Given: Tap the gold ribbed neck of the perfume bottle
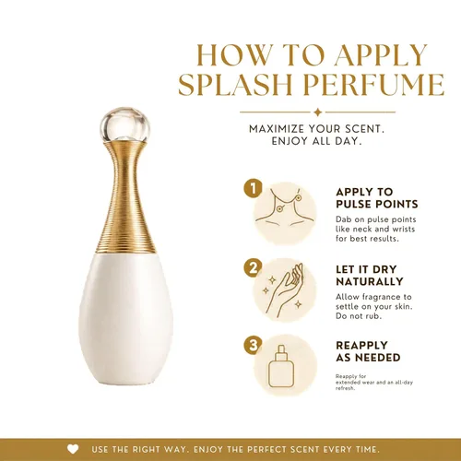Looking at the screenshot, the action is [x=125, y=196].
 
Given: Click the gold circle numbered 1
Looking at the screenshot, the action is [x=254, y=188].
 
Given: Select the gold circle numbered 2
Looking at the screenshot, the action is [x=254, y=267].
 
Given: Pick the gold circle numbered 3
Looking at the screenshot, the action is [x=254, y=345].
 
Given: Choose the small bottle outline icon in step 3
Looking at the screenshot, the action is [x=281, y=366].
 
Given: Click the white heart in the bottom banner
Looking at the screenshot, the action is [x=73, y=450].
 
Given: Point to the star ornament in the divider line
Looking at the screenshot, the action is [x=318, y=112].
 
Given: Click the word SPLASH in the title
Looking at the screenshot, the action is [x=235, y=84].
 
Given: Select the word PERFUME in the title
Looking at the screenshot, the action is [x=374, y=84].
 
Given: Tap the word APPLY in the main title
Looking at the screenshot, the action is [x=381, y=55].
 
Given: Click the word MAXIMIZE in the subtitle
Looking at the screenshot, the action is [x=277, y=129].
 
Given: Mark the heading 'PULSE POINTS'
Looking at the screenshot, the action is [x=377, y=204].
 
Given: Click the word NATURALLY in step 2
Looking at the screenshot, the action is [x=370, y=281].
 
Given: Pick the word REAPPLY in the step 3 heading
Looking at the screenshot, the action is [x=361, y=345].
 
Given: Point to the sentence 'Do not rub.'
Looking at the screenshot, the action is [x=359, y=316].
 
